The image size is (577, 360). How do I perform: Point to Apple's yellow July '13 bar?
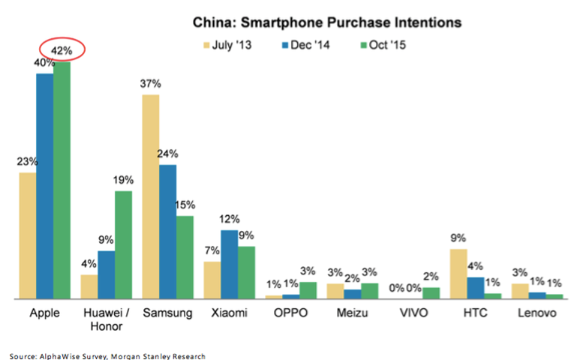click(x=27, y=235)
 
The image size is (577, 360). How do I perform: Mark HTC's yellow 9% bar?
click(x=456, y=274)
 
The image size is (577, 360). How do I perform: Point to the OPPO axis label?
click(x=291, y=313)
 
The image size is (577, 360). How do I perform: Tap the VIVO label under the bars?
click(x=413, y=313)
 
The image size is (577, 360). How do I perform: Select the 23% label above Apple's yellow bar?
click(x=27, y=161)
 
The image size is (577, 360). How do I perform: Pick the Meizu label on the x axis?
click(x=352, y=313)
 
